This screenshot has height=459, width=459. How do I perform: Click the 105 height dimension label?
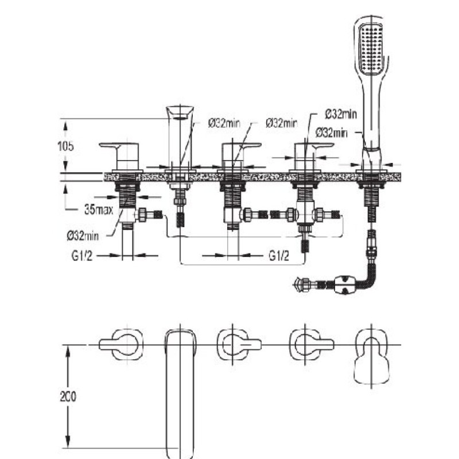(65, 146)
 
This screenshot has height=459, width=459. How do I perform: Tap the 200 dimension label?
(68, 396)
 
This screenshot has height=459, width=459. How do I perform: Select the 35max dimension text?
(99, 209)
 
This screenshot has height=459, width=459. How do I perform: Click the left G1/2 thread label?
(81, 256)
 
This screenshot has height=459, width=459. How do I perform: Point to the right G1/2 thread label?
(279, 256)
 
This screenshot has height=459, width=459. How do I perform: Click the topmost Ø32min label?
(341, 114)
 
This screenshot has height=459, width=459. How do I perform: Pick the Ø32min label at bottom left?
(83, 236)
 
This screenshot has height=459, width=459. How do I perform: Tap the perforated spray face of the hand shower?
(371, 49)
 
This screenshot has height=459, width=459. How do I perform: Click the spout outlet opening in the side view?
(180, 118)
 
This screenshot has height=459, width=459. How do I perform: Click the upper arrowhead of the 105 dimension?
(65, 126)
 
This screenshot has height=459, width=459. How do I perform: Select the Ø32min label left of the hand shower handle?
(332, 133)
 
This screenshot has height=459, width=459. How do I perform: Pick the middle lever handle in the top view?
(239, 345)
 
